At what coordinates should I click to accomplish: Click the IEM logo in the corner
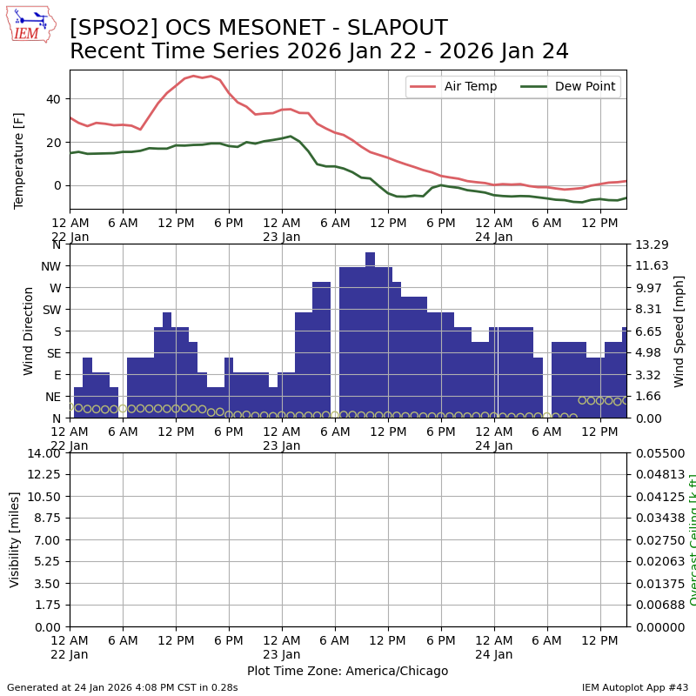[x=31, y=24]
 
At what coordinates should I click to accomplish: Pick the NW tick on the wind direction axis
[x=50, y=266]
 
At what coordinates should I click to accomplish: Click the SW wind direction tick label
[x=52, y=310]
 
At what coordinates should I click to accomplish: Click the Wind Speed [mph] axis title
[x=679, y=331]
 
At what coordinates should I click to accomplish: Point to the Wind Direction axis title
[x=29, y=331]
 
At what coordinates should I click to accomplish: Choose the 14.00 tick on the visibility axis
[x=43, y=453]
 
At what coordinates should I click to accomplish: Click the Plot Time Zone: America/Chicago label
[x=347, y=671]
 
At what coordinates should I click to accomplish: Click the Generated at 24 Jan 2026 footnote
[x=122, y=687]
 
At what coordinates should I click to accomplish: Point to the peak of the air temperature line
[x=193, y=77]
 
